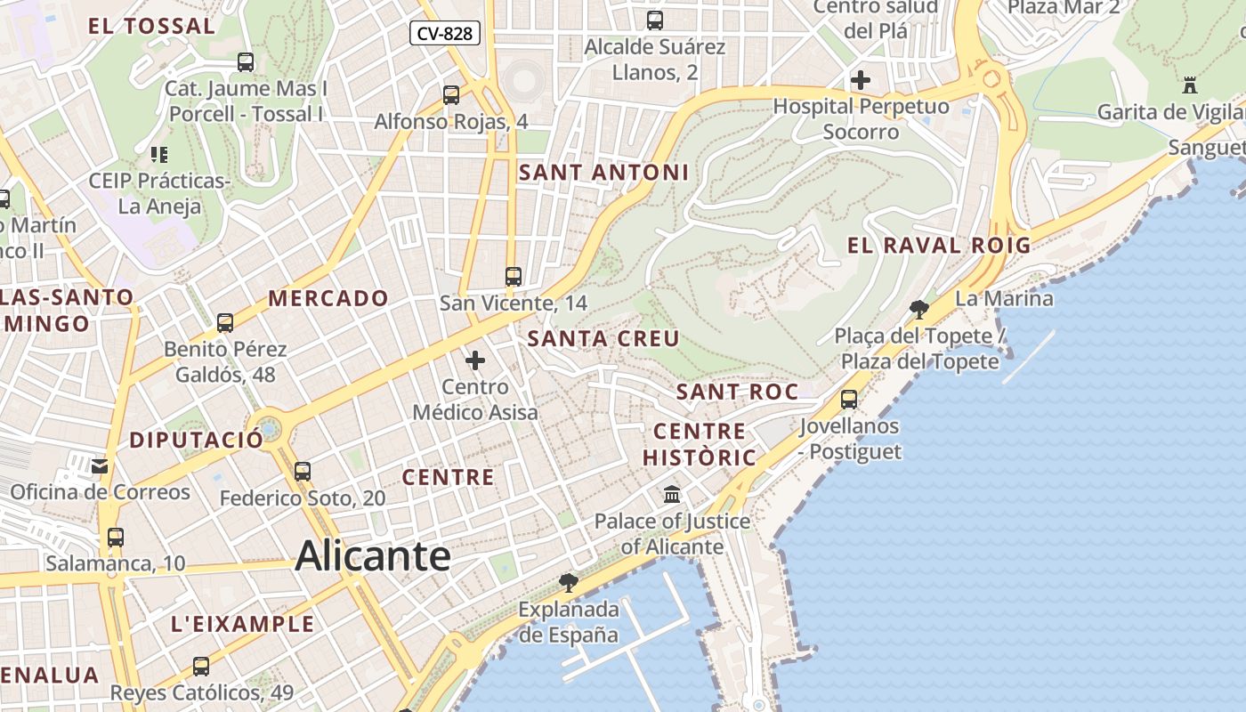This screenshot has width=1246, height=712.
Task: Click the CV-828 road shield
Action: point(445,34)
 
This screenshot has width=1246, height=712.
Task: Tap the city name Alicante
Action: point(373,556)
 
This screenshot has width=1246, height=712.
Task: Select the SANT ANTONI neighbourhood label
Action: point(603,173)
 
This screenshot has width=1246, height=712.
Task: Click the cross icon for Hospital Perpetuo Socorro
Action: point(860,81)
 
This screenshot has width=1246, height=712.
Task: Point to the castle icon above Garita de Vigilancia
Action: point(1190,85)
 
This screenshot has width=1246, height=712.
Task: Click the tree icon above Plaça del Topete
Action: point(919,310)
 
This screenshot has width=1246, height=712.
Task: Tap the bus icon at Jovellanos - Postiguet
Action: point(849,399)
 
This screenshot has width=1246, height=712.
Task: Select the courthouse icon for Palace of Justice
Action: point(672,494)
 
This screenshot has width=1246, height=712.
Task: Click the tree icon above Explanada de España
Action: point(569,583)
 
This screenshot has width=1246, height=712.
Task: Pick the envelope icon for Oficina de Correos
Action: point(100,465)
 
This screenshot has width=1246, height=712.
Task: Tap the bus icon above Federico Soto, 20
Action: point(303,471)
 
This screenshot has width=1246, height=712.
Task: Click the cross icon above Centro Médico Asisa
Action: point(475,360)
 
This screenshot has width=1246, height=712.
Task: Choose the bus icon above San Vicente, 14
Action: point(513,276)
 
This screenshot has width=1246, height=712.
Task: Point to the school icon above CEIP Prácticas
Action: point(159,155)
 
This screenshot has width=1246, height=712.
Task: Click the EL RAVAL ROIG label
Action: point(939,246)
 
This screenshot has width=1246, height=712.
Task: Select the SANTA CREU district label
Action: point(603,339)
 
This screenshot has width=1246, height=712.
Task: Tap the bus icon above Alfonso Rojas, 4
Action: point(451,94)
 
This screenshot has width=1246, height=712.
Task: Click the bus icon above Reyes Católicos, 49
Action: point(201,666)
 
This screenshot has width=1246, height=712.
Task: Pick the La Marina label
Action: point(1004,298)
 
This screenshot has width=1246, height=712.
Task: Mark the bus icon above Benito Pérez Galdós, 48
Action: point(225,322)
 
